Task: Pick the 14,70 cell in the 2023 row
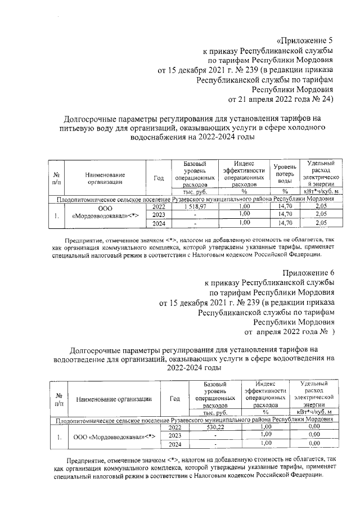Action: pos(285,214)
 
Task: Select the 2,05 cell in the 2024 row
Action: pos(321,223)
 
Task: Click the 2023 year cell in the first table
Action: pos(159,215)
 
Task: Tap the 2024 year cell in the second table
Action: pos(174,444)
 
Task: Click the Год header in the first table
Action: pos(159,178)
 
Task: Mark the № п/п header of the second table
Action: pos(58,400)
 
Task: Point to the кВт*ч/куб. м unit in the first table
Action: pos(321,191)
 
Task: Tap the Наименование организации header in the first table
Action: pos(105,178)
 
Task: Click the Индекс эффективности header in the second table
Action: pos(266,394)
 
